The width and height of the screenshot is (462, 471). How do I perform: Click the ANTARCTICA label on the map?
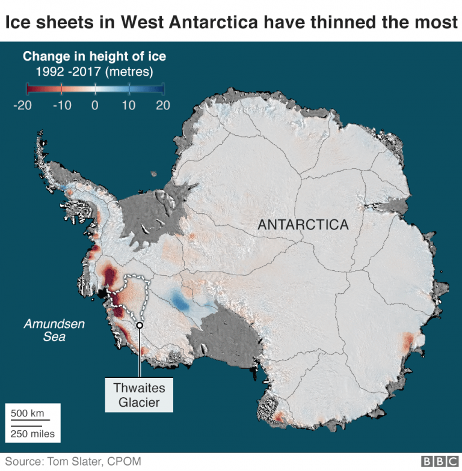pos(303,225)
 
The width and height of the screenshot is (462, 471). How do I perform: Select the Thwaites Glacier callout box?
pos(139,395)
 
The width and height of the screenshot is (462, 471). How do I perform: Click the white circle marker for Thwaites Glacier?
pos(139,325)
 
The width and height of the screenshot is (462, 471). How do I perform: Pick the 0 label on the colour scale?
pos(94,105)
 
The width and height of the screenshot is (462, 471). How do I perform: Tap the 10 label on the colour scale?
pos(129,105)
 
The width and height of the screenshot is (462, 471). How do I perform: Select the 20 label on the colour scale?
pos(163,105)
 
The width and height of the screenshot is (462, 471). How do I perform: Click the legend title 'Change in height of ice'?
pos(94,57)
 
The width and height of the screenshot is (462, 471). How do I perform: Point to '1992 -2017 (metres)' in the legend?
pos(94,72)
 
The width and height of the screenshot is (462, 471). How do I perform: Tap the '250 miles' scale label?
pos(32,433)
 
